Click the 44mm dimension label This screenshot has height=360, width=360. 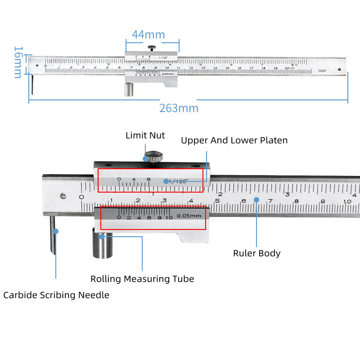(x=148, y=35)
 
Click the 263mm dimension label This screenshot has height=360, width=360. (x=179, y=108)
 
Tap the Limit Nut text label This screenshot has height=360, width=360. (x=145, y=135)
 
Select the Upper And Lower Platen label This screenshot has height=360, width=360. (x=234, y=140)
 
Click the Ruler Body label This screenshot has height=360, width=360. (x=256, y=253)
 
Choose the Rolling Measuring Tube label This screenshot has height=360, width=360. (x=142, y=279)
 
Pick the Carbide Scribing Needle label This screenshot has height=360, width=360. (x=56, y=295)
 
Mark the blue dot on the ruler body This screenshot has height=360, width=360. (x=256, y=199)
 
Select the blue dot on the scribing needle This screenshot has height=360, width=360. (x=56, y=231)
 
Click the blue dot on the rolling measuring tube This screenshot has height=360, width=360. (x=102, y=235)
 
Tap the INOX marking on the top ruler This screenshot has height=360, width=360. (x=322, y=71)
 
